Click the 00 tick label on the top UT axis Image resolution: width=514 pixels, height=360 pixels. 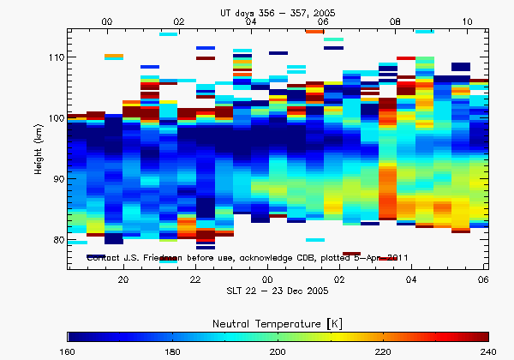(x=106, y=21)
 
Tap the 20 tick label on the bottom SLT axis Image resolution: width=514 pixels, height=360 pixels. (x=123, y=279)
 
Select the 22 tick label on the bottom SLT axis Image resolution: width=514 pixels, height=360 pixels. (x=195, y=279)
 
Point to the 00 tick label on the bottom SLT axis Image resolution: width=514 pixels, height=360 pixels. (x=267, y=279)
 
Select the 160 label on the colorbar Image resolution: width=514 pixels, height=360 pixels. (x=69, y=350)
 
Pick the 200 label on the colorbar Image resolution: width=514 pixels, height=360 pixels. (x=279, y=350)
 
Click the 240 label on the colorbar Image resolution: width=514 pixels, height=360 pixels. (x=487, y=350)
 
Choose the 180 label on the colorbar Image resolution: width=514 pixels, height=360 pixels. (x=175, y=350)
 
